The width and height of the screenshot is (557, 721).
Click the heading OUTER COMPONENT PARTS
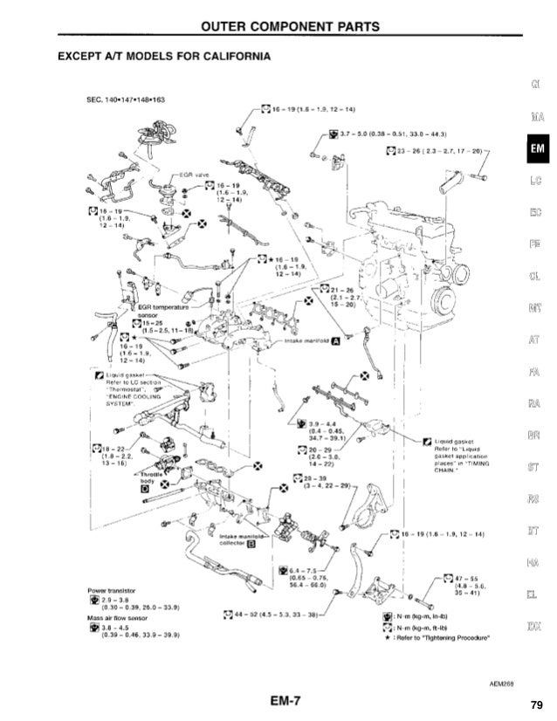point(278,27)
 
